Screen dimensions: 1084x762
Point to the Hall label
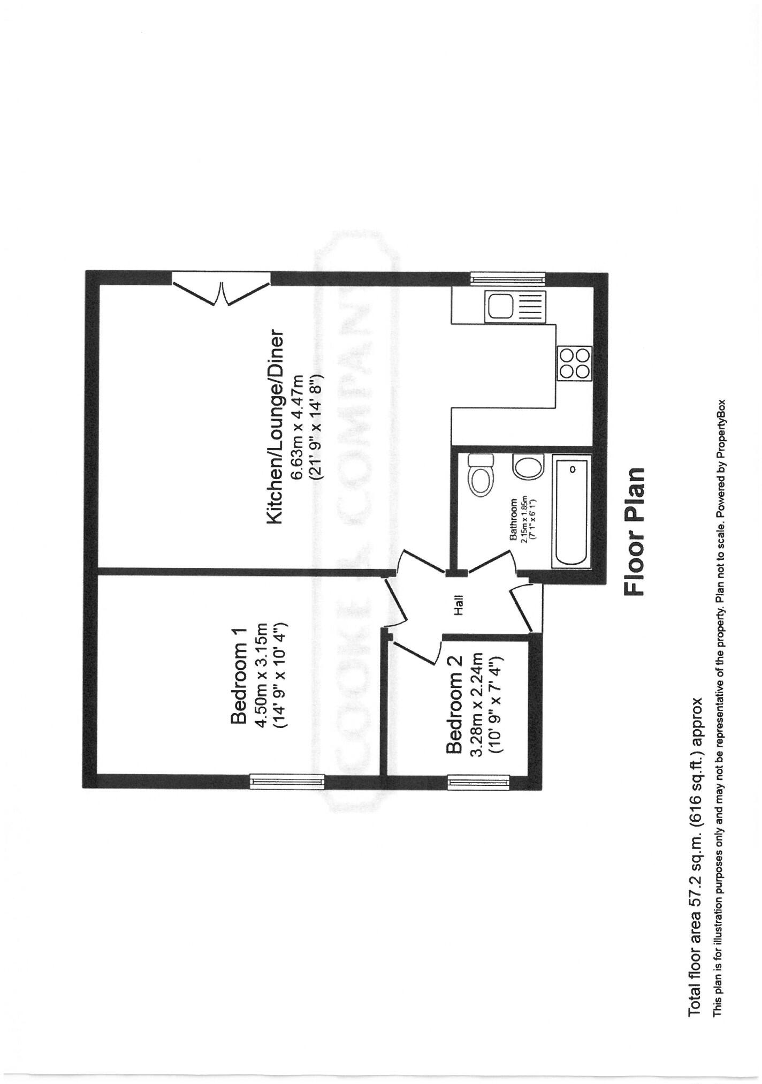click(x=459, y=605)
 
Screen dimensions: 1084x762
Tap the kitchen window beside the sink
click(x=508, y=278)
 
